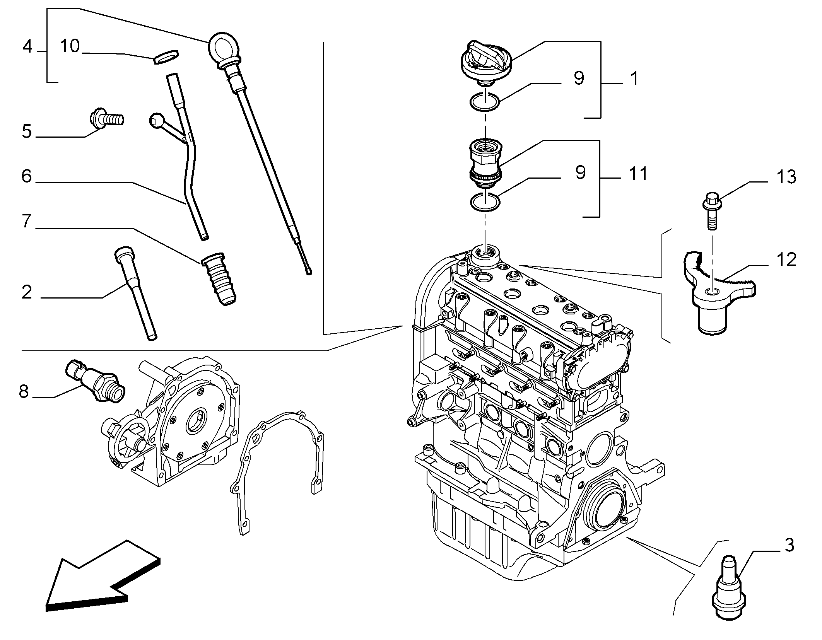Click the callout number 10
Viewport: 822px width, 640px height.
coord(70,46)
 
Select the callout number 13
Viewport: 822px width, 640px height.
coord(786,177)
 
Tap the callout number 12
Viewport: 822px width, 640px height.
coord(786,259)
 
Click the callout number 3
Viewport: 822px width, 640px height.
coord(789,545)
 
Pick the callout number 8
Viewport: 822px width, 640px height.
coord(24,392)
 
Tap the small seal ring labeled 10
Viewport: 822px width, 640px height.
coord(166,56)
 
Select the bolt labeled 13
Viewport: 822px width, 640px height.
coord(711,211)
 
